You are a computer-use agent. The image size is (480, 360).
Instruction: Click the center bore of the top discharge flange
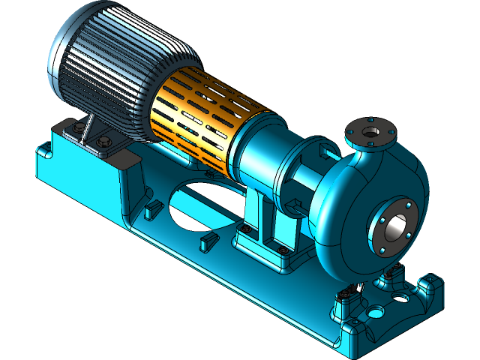370,131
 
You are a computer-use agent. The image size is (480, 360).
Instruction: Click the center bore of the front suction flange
395,225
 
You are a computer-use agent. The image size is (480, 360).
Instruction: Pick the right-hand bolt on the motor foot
104,142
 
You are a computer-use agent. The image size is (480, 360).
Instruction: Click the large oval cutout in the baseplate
202,202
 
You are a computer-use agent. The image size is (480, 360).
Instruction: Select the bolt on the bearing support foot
281,250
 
